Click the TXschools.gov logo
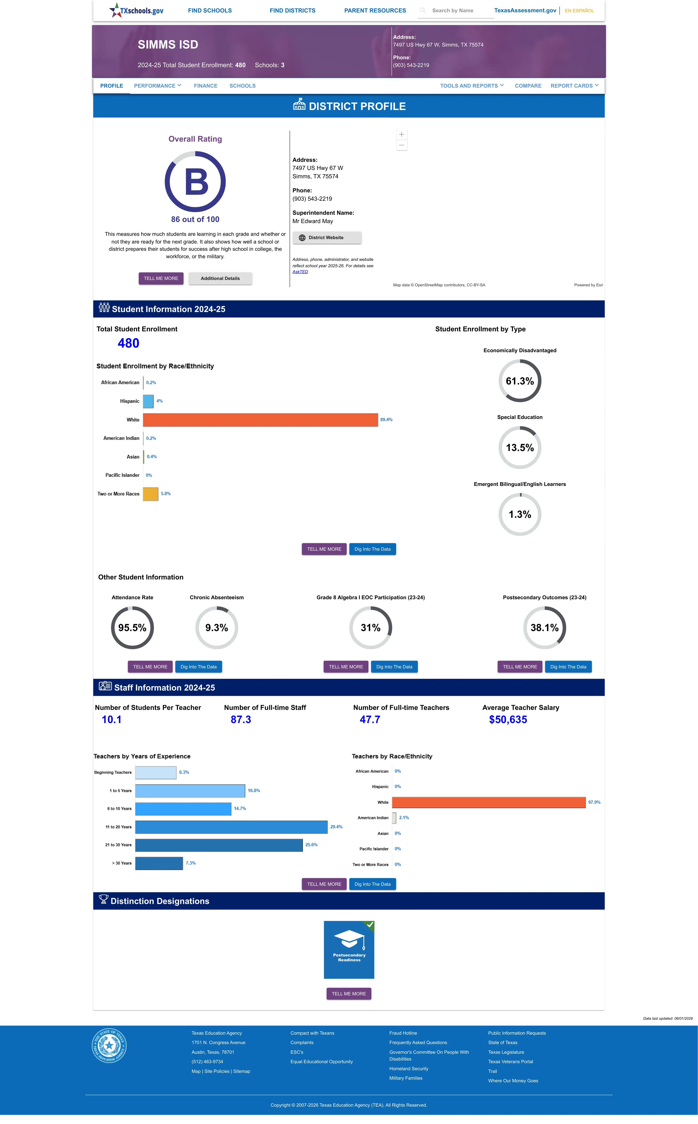point(136,10)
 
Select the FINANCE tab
point(205,86)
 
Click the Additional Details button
point(220,279)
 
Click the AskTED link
point(300,272)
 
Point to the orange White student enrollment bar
point(260,420)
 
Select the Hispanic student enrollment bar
point(148,401)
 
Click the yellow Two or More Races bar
point(150,494)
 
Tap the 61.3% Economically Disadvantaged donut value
point(520,381)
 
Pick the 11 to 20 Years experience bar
point(231,827)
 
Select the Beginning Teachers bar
point(156,772)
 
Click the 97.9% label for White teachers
point(594,803)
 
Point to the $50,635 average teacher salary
point(508,720)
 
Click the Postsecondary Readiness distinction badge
point(349,950)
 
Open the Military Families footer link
point(406,1078)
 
